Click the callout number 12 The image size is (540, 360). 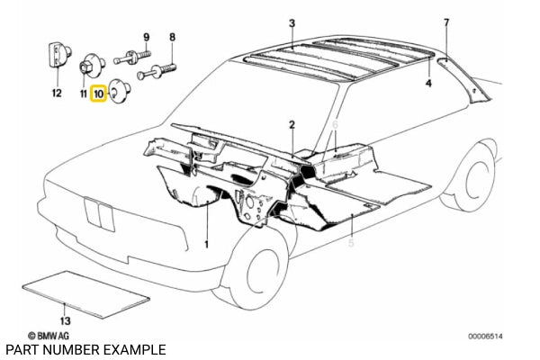[x=56, y=93]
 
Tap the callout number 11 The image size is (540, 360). [x=83, y=93]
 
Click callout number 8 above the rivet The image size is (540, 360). [x=173, y=36]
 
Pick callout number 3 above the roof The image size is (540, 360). [x=291, y=22]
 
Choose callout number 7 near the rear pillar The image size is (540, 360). [x=445, y=22]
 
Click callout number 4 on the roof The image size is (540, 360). [x=428, y=84]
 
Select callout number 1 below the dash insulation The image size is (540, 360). [x=205, y=244]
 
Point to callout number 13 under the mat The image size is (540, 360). [x=63, y=319]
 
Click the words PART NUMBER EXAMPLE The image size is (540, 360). [x=85, y=349]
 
